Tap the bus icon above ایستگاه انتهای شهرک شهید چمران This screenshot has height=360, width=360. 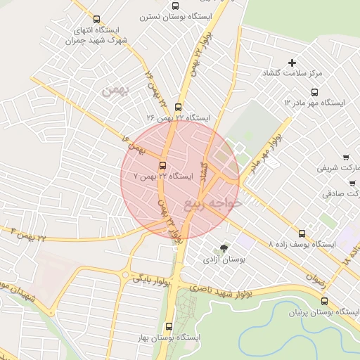(x=96, y=20)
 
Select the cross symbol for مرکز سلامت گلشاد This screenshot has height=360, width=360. (x=292, y=63)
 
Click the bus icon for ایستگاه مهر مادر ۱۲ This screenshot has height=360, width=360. (x=314, y=92)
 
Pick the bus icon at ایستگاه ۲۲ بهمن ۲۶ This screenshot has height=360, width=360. (x=177, y=108)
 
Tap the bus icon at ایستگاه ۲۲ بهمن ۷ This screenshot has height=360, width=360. (x=163, y=166)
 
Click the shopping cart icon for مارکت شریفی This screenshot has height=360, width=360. (x=346, y=157)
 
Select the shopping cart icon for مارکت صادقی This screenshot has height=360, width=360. (x=352, y=183)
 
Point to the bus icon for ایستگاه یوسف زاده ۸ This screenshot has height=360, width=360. (x=302, y=233)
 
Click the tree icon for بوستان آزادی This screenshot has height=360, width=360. (x=224, y=248)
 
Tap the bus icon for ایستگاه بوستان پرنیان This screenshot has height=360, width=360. (x=323, y=301)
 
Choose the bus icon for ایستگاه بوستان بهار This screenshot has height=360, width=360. (x=168, y=326)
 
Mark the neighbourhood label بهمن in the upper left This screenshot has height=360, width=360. (x=112, y=91)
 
